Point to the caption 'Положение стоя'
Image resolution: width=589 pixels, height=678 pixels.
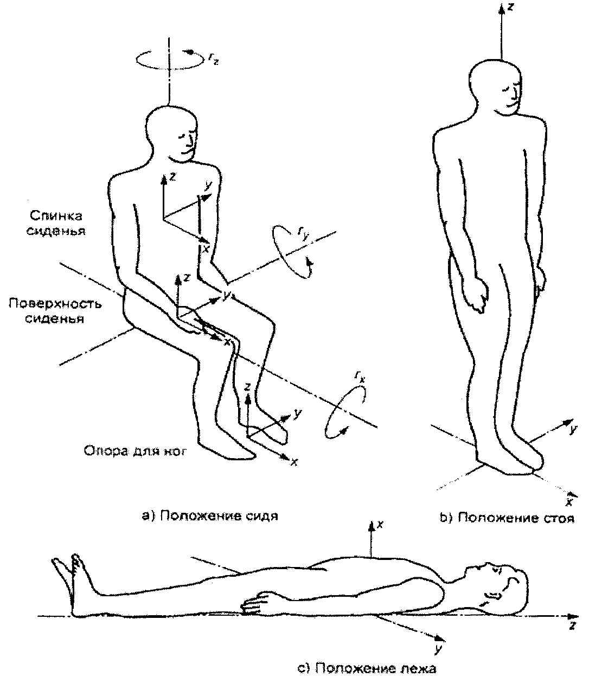coord(507,518)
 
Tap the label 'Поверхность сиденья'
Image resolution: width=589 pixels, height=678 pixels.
coord(55,311)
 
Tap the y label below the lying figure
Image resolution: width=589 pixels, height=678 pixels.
coord(436,646)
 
